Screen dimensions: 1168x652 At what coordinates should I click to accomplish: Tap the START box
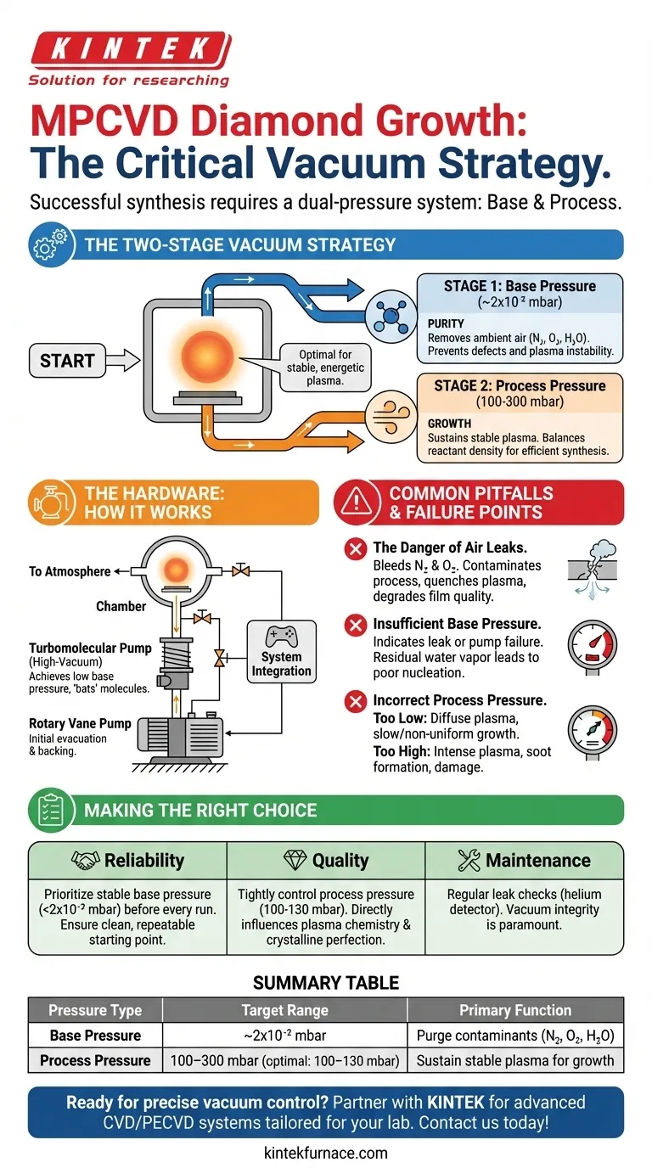click(x=67, y=361)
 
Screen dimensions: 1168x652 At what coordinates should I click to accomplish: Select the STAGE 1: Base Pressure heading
click(x=519, y=286)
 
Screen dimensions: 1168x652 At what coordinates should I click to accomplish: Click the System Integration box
click(x=281, y=663)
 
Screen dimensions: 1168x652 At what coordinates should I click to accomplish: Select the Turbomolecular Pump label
click(x=90, y=648)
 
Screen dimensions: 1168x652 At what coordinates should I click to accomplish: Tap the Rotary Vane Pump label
click(x=80, y=723)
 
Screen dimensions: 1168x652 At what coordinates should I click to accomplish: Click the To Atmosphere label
click(x=70, y=571)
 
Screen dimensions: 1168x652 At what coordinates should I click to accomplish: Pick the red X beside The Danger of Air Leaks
click(x=355, y=549)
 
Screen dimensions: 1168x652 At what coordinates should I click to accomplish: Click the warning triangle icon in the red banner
click(x=357, y=503)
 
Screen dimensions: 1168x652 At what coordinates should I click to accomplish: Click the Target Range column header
click(x=284, y=1010)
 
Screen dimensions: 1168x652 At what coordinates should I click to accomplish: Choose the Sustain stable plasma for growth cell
click(x=515, y=1060)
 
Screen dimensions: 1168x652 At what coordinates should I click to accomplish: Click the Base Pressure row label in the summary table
click(x=95, y=1036)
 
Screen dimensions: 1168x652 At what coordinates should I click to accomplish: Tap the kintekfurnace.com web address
click(x=326, y=1152)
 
